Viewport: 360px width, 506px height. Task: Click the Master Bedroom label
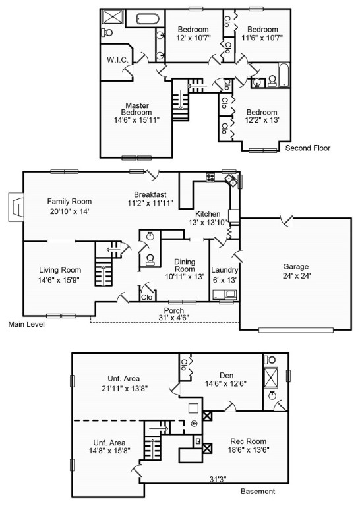tap(136, 109)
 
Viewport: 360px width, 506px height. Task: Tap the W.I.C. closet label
tap(117, 60)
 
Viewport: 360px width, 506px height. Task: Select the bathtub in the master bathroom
tap(148, 18)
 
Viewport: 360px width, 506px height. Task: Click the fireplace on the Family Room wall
tap(16, 207)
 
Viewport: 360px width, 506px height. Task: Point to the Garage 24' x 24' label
tap(296, 271)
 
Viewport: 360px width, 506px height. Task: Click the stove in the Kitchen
tap(210, 177)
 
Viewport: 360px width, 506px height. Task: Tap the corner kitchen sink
tap(231, 179)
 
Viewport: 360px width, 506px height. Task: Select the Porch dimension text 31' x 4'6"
tap(174, 317)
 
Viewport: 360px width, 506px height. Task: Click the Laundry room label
tap(224, 270)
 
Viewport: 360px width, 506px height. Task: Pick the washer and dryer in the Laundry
tap(225, 295)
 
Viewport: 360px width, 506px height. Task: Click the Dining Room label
tap(185, 266)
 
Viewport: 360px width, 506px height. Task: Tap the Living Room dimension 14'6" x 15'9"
tap(59, 280)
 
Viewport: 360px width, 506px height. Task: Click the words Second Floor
tap(308, 148)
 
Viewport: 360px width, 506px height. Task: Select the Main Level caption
tap(26, 324)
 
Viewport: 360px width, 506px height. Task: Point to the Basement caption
tap(258, 492)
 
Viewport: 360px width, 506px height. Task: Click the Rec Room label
tap(249, 441)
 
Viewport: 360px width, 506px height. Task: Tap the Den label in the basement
tap(226, 376)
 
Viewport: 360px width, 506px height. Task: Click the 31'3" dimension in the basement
tap(218, 479)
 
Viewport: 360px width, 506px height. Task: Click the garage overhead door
tap(296, 330)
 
